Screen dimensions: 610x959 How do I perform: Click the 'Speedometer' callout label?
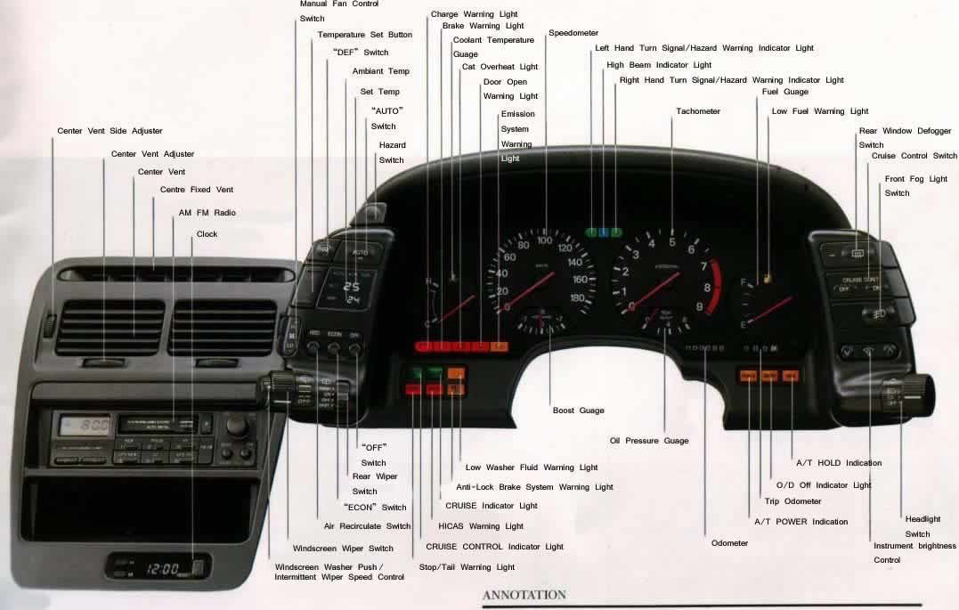click(573, 33)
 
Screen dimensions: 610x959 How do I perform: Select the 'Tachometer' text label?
click(697, 111)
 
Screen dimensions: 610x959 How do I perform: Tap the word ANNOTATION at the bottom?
click(524, 595)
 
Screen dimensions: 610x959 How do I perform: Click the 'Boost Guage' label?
click(578, 411)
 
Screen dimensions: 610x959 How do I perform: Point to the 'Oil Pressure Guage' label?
click(648, 441)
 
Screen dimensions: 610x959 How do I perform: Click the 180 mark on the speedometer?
click(578, 298)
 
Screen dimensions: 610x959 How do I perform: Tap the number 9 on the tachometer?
click(699, 307)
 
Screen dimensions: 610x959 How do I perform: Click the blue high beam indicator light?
click(604, 232)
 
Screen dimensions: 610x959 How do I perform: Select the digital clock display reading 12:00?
click(163, 567)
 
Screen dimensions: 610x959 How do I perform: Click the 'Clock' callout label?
click(207, 234)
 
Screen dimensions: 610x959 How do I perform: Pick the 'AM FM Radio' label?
click(207, 213)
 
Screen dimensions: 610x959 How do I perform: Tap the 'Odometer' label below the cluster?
click(729, 543)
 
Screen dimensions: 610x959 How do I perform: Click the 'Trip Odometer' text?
click(792, 501)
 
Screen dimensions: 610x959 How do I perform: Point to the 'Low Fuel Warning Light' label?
click(819, 111)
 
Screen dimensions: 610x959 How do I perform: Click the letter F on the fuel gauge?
click(742, 282)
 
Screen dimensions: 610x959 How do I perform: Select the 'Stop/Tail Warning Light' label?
click(467, 567)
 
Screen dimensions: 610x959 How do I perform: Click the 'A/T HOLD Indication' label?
click(838, 463)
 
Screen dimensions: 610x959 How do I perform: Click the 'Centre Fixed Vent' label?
click(196, 190)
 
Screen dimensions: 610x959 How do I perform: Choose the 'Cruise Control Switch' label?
click(914, 156)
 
